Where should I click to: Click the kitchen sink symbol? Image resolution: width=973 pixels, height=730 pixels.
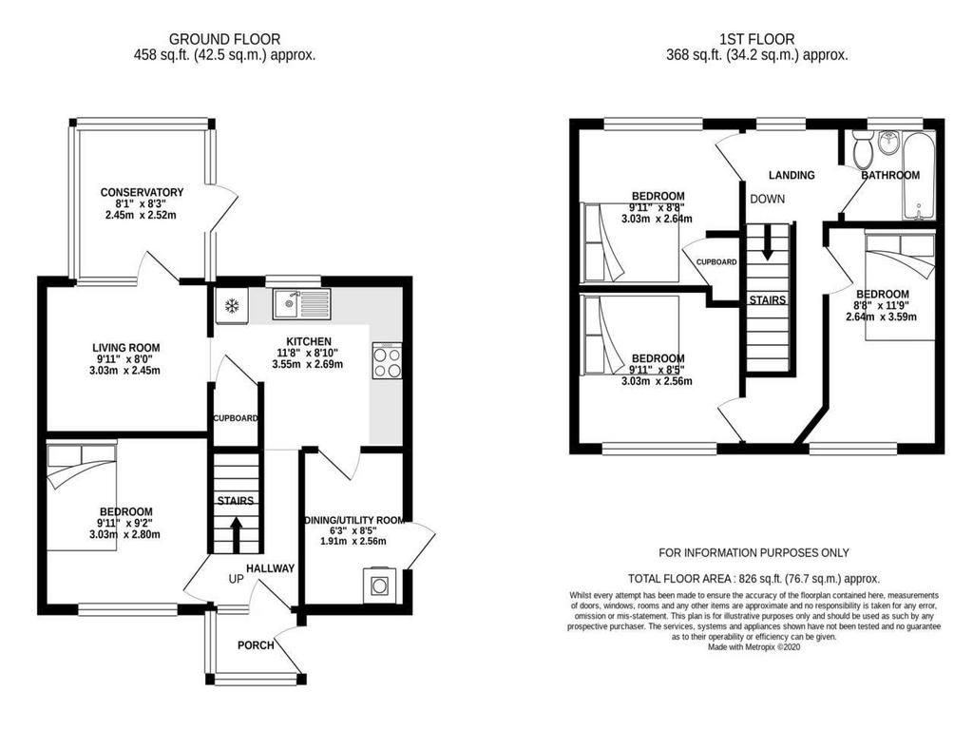coord(301,303)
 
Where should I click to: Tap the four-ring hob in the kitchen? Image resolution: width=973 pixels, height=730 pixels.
coord(388,360)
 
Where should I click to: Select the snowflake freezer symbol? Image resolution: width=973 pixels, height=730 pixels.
coord(232,305)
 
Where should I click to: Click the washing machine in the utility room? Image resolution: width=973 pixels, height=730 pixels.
coord(378,585)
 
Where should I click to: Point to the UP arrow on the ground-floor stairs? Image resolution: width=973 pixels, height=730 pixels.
coord(236,535)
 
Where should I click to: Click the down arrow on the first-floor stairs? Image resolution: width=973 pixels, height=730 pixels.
coord(768,242)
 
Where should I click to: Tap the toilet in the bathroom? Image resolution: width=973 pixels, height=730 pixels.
coord(862,149)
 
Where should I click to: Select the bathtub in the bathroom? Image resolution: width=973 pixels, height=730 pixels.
coord(919,175)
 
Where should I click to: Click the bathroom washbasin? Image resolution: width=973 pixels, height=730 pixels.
coord(888,144)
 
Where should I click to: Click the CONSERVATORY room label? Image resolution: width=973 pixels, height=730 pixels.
coord(143,192)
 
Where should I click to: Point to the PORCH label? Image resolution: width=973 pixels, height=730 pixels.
coord(256,645)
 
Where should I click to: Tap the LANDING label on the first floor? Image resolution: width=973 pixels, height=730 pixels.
coord(792,175)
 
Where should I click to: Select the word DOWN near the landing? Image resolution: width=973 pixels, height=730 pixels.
coord(768,200)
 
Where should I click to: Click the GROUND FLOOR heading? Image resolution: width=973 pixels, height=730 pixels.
coord(224,40)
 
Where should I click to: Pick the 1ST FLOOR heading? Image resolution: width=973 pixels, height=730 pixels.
coord(757,40)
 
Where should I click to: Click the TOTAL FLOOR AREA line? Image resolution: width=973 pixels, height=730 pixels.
coord(754,579)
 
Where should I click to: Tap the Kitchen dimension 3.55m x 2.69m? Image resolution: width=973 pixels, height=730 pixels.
coord(308,364)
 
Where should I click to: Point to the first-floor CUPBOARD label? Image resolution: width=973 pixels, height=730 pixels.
coord(716,262)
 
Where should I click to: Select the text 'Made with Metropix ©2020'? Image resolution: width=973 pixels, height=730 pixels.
coord(754,646)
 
